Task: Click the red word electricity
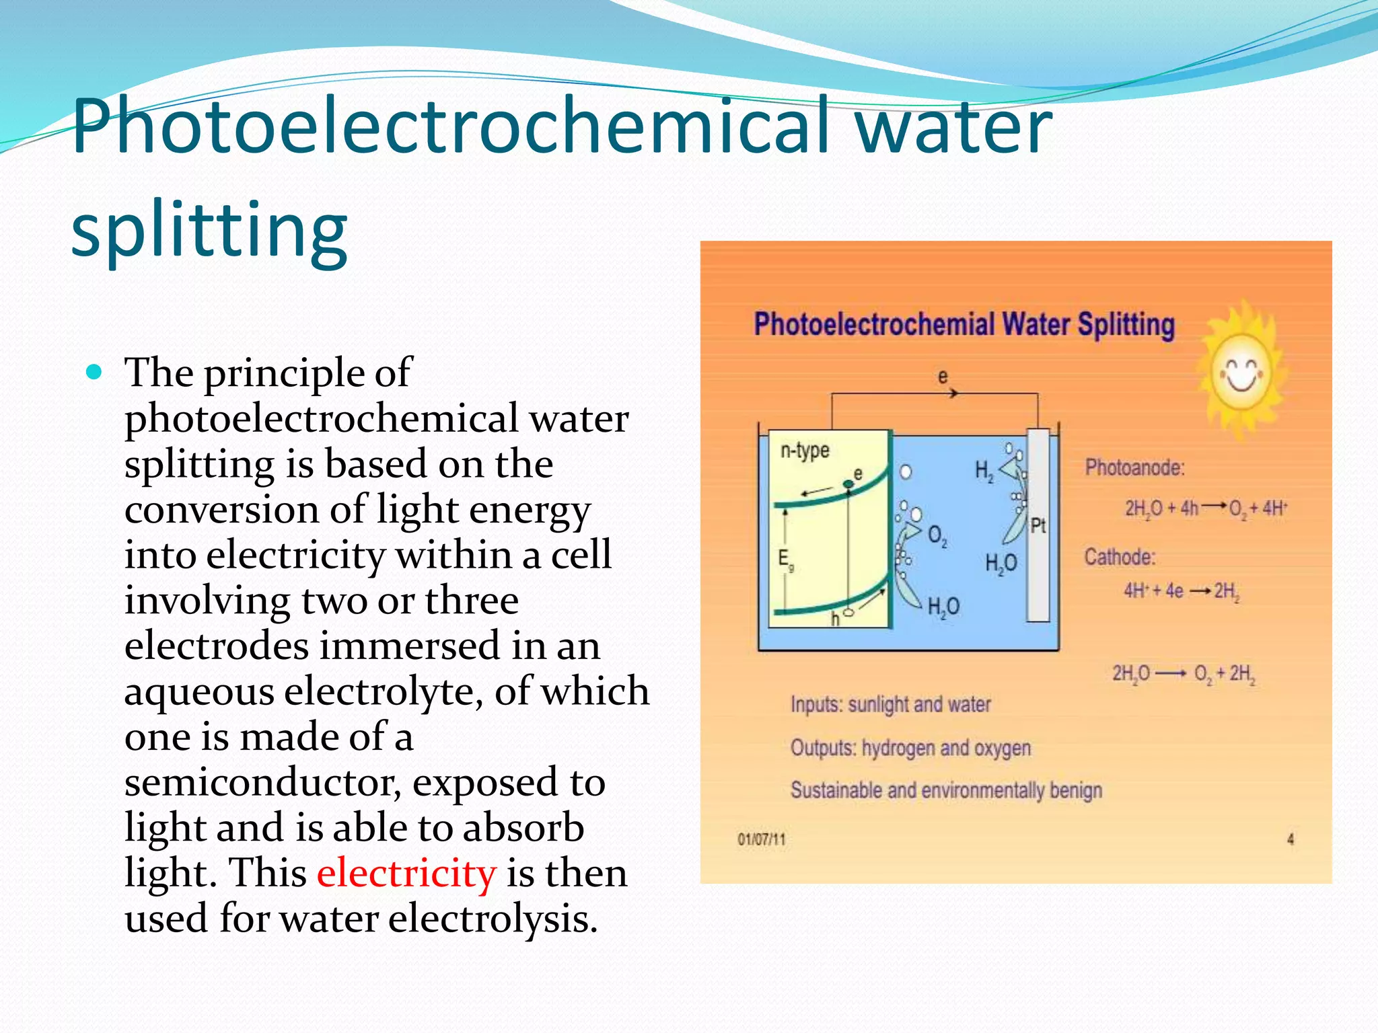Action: pos(406,873)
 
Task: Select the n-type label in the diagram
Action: pos(805,450)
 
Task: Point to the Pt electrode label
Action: pos(1038,525)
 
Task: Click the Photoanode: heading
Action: pos(1134,467)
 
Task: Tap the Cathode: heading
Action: pos(1120,557)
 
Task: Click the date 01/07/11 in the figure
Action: pos(762,839)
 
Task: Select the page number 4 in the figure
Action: pos(1290,839)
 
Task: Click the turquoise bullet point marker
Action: pos(95,372)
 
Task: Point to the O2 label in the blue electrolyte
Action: pos(937,536)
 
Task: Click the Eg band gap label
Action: pos(785,559)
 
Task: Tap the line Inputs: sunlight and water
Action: pos(890,704)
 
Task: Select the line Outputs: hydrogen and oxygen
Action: pos(910,748)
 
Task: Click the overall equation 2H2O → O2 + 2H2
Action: pos(1184,673)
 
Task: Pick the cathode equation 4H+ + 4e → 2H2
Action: pos(1182,591)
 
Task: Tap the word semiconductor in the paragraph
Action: pos(262,782)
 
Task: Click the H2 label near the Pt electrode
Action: pos(984,471)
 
